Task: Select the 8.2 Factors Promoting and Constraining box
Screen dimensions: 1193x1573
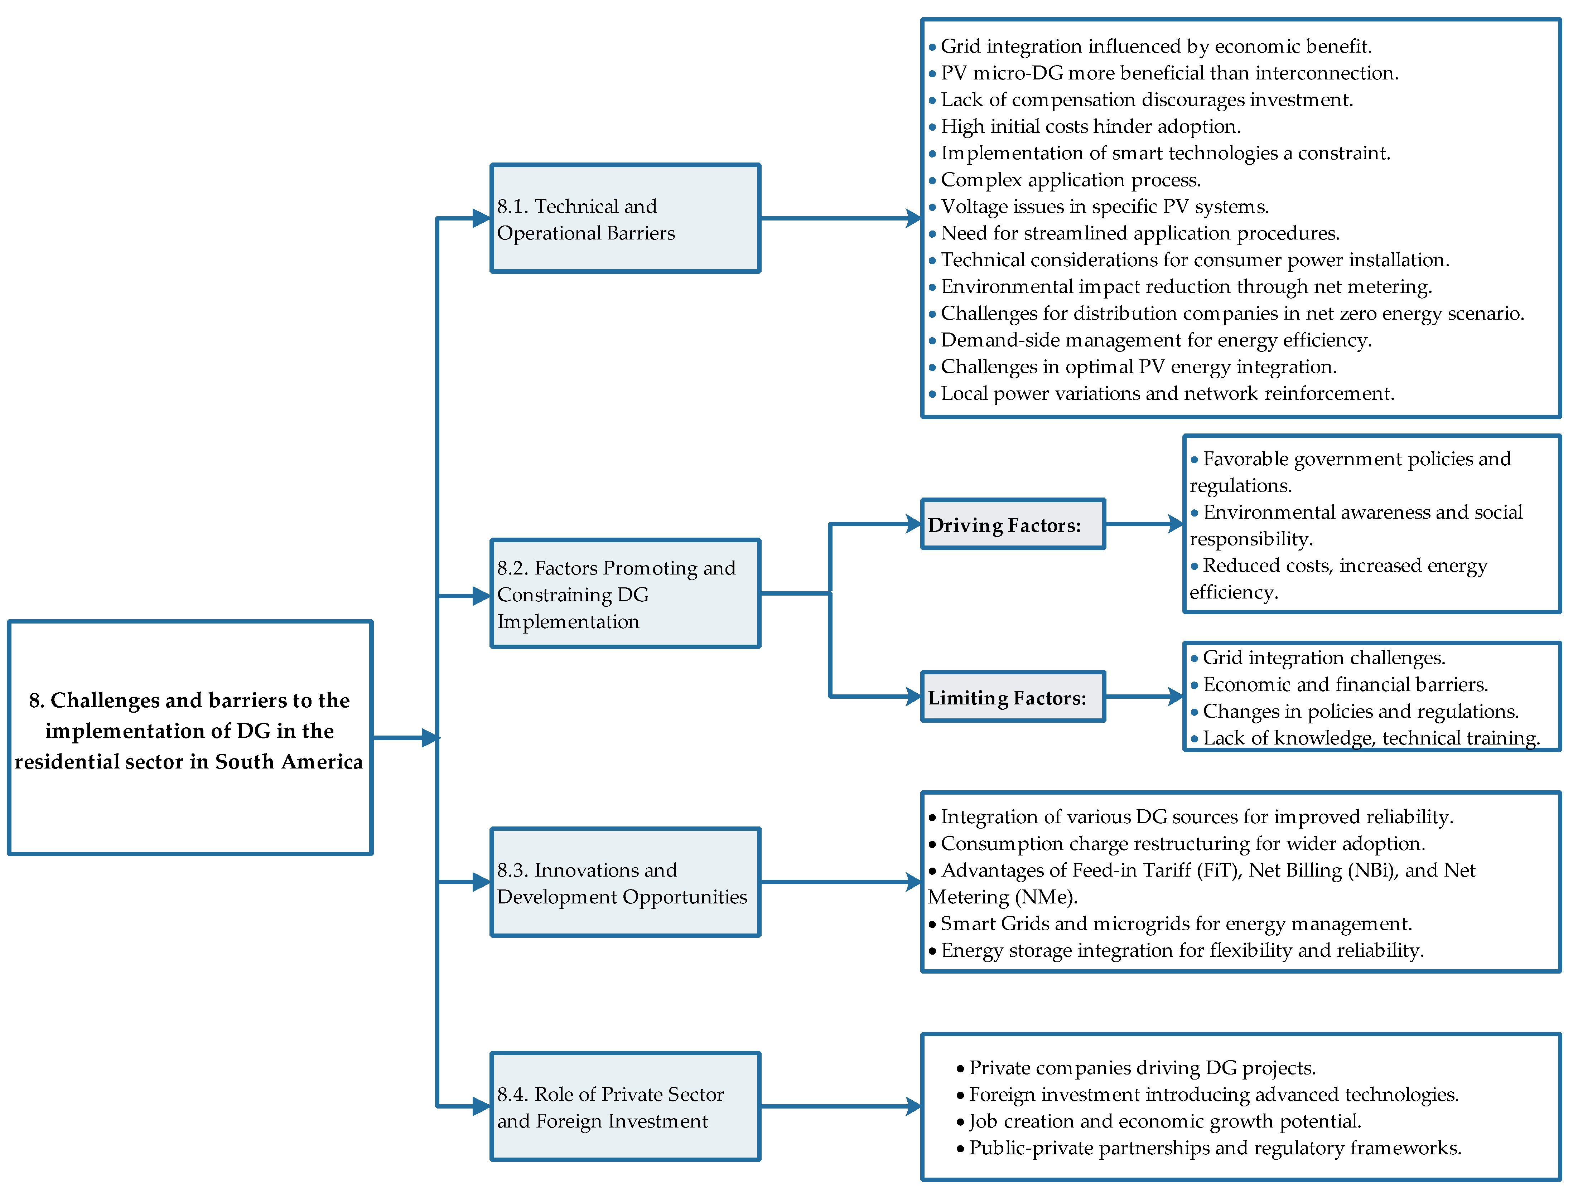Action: coord(625,594)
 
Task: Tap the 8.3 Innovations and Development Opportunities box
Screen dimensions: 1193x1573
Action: coord(625,882)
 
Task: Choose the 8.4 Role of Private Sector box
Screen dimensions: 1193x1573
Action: coord(625,1106)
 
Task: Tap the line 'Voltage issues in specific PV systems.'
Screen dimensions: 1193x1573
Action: coord(1104,207)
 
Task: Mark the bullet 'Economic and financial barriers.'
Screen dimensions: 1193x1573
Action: coord(1345,685)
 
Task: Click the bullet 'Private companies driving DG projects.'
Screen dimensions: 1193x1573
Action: coord(1142,1068)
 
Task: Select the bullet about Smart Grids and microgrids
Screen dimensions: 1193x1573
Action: coord(1176,923)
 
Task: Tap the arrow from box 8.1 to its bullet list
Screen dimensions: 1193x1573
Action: coord(839,218)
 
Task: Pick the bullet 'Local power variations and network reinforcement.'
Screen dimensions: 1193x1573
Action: coord(1167,394)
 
